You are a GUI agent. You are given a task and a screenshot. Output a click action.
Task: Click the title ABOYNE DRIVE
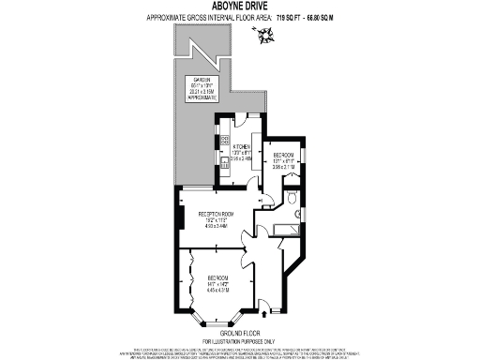(x=239, y=7)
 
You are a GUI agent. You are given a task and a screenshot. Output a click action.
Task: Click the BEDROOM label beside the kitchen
(x=283, y=155)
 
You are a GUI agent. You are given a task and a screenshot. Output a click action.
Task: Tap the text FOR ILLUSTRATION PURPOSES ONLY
(x=239, y=339)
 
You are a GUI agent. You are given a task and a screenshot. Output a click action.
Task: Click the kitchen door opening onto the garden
(x=240, y=119)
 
